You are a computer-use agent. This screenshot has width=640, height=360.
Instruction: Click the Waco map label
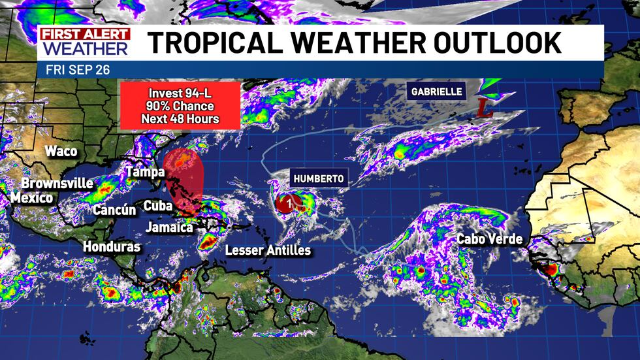[61, 152]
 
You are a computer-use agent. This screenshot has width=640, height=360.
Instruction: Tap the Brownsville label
[57, 183]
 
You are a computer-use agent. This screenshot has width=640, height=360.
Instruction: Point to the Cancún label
[114, 210]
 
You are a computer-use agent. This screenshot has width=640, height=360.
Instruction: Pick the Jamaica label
[169, 227]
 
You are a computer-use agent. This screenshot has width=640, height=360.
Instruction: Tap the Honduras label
[112, 247]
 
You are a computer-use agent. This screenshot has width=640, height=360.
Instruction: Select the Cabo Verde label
[490, 239]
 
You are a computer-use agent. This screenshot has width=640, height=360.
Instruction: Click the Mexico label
[32, 197]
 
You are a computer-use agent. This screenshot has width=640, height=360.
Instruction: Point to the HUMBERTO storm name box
[318, 178]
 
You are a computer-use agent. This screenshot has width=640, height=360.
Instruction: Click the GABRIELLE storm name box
[437, 91]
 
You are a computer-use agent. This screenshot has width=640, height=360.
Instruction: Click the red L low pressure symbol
[484, 108]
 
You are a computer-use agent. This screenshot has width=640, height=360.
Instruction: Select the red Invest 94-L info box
[180, 106]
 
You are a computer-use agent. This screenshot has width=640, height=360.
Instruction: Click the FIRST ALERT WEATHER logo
[84, 42]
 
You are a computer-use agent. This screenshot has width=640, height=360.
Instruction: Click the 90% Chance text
[180, 106]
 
